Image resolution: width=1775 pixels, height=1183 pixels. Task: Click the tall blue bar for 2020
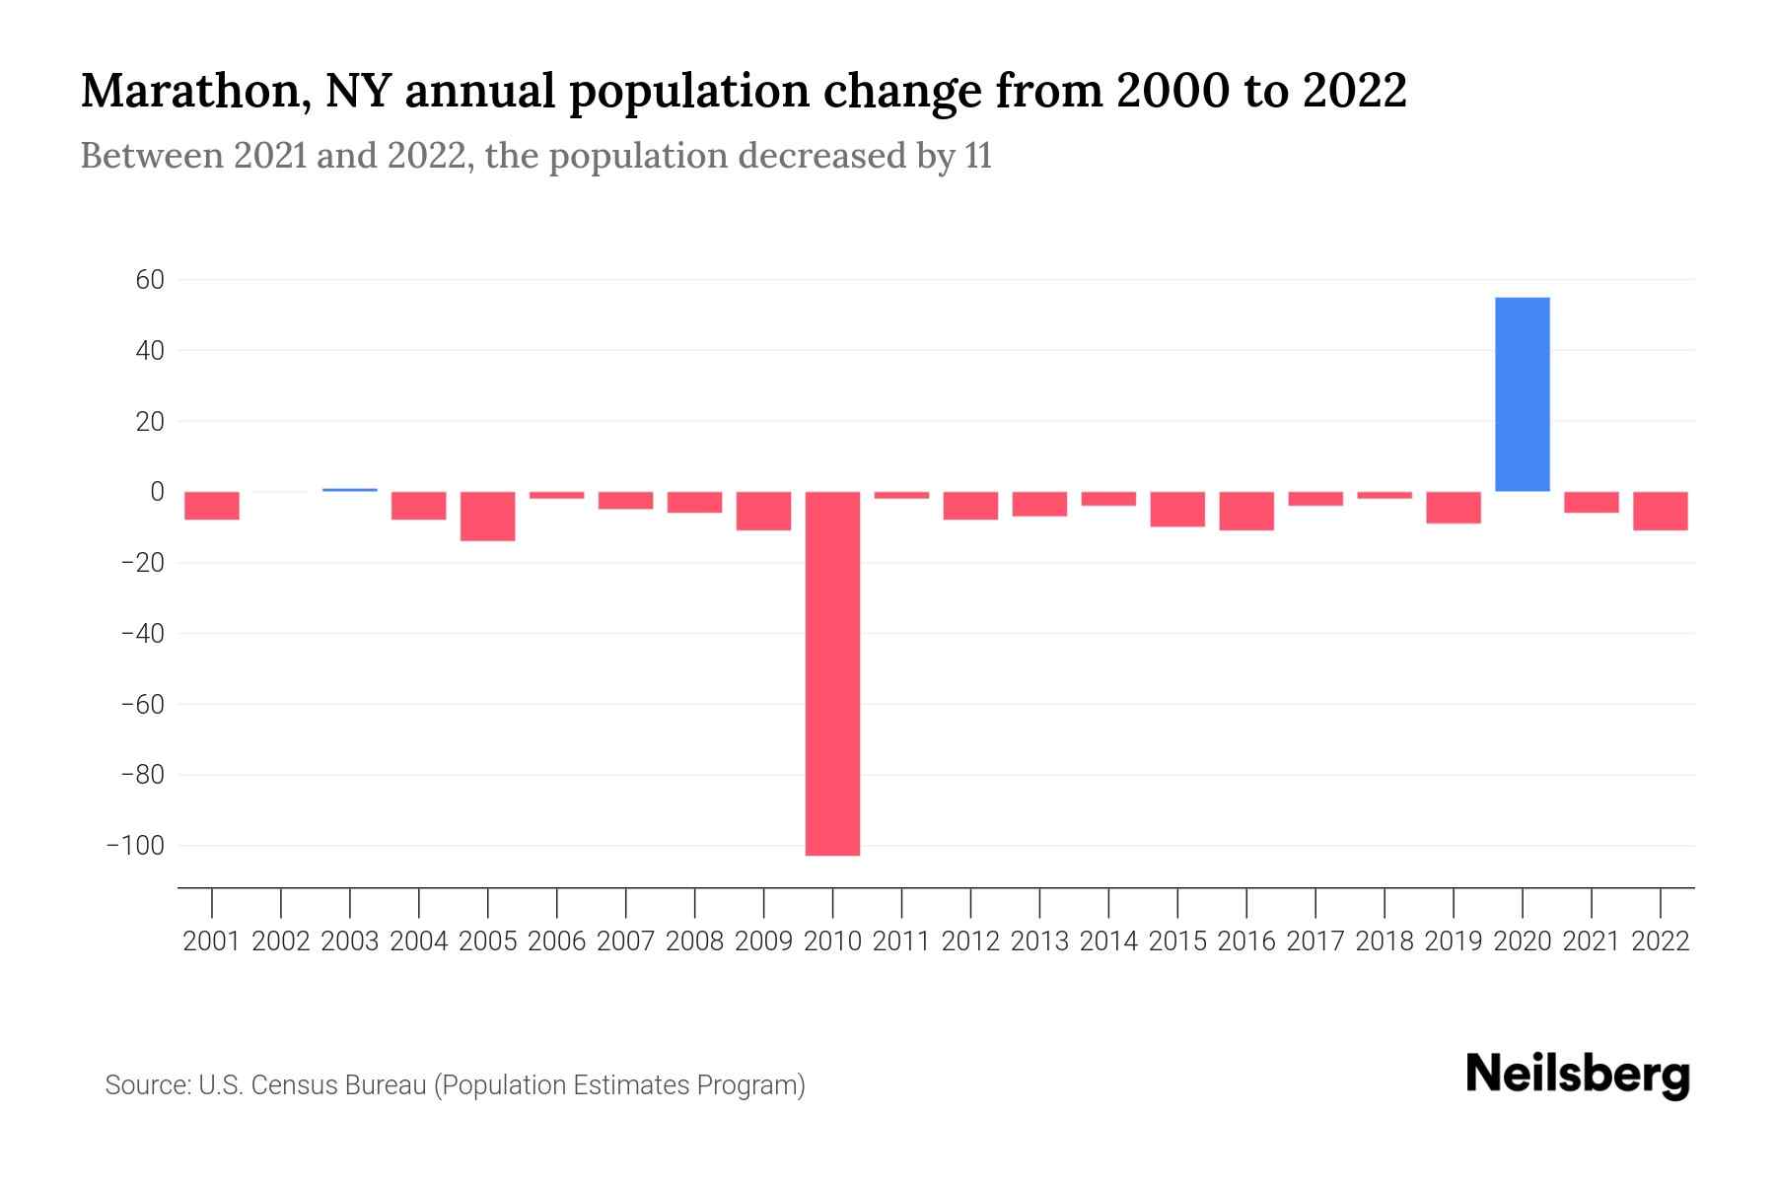pyautogui.click(x=1522, y=394)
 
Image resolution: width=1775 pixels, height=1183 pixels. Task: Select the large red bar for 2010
pyautogui.click(x=832, y=673)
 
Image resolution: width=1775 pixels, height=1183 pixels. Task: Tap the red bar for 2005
pyautogui.click(x=488, y=517)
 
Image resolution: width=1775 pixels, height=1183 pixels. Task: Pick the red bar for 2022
pyautogui.click(x=1660, y=511)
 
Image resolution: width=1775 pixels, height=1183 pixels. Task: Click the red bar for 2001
pyautogui.click(x=212, y=506)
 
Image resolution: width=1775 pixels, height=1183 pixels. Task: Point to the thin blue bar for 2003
pyautogui.click(x=350, y=489)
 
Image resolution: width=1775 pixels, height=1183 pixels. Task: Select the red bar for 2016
pyautogui.click(x=1246, y=511)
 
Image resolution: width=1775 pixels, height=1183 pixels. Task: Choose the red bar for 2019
pyautogui.click(x=1453, y=508)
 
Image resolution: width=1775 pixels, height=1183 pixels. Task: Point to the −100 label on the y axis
pyautogui.click(x=135, y=846)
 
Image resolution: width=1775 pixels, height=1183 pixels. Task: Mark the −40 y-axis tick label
pyautogui.click(x=141, y=634)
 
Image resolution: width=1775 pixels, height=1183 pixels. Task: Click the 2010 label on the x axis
pyautogui.click(x=832, y=941)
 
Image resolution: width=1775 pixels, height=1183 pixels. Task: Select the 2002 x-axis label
pyautogui.click(x=281, y=941)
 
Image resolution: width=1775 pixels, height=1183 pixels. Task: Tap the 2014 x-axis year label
pyautogui.click(x=1108, y=941)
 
